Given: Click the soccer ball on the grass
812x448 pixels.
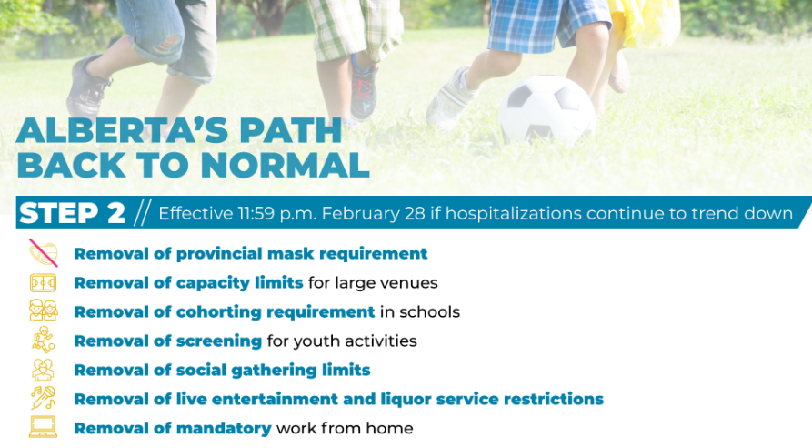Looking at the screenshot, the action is [546, 110].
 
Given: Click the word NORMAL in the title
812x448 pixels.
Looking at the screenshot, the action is [285, 166].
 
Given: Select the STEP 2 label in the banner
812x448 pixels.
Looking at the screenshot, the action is [72, 213].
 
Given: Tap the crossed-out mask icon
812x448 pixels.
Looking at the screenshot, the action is [43, 253].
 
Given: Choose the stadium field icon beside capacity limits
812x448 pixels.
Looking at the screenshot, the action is [43, 283].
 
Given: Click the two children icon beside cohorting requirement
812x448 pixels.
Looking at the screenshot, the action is [43, 311].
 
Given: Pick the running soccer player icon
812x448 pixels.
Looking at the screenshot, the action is [44, 341].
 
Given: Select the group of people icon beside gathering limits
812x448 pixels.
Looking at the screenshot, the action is [43, 370].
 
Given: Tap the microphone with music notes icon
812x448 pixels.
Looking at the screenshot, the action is [43, 398].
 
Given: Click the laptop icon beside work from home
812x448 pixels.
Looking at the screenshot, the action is [43, 427].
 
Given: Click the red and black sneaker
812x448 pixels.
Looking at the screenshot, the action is [364, 87].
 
